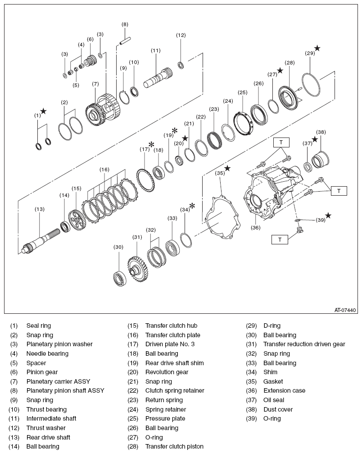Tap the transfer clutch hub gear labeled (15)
[77, 219]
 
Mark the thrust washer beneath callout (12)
[181, 66]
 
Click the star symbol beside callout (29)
[317, 48]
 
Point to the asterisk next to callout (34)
[192, 206]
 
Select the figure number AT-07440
[345, 310]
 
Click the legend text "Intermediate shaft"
[51, 418]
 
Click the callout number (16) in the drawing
[104, 170]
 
